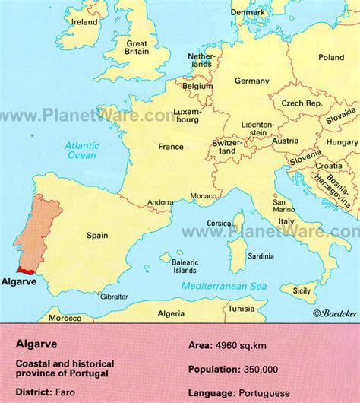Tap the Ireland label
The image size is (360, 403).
point(84,22)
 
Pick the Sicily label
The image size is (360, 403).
point(302,290)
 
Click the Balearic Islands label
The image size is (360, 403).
point(184,265)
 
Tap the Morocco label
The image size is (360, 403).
point(65,318)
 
